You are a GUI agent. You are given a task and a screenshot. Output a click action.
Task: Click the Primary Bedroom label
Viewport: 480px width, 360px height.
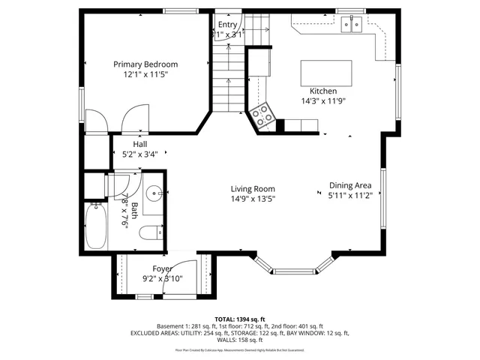pyautogui.click(x=145, y=64)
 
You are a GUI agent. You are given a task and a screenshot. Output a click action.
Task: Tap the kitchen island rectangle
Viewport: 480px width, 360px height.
pyautogui.click(x=326, y=73)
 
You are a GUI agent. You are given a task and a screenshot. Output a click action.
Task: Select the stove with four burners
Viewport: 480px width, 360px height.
pyautogui.click(x=264, y=115)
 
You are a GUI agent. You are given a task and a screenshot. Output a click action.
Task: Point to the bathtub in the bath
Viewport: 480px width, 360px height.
pyautogui.click(x=95, y=226)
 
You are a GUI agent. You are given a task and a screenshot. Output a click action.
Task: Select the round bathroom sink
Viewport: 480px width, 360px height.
pyautogui.click(x=154, y=193)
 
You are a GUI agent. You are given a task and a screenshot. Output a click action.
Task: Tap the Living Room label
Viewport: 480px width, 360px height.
pyautogui.click(x=252, y=189)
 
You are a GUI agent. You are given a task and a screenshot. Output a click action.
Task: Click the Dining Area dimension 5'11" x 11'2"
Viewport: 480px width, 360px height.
pyautogui.click(x=350, y=195)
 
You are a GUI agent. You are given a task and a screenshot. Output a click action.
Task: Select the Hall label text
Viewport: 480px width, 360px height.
pyautogui.click(x=140, y=144)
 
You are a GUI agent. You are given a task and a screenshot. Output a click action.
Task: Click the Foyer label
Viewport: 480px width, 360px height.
pyautogui.click(x=163, y=268)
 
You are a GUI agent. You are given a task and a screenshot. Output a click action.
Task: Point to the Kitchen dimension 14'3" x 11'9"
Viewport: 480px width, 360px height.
pyautogui.click(x=323, y=100)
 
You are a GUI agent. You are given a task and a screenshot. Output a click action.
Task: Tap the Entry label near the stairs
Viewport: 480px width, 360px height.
pyautogui.click(x=227, y=24)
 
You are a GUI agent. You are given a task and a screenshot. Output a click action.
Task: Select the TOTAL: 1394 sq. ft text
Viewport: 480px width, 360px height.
pyautogui.click(x=239, y=319)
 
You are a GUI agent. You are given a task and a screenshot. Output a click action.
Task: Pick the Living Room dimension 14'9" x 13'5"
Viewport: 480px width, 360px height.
pyautogui.click(x=253, y=199)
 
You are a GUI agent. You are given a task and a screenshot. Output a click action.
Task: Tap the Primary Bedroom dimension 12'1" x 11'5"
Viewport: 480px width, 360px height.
pyautogui.click(x=145, y=74)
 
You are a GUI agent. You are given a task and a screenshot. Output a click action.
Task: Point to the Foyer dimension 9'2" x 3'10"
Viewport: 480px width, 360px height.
pyautogui.click(x=163, y=278)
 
